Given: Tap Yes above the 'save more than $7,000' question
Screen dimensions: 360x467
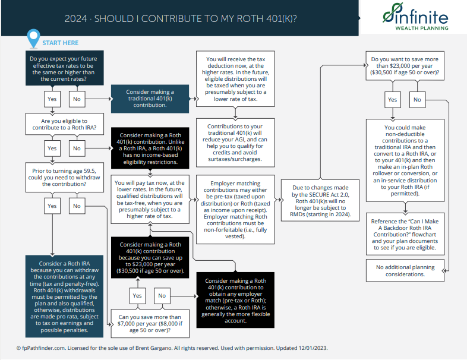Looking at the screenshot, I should tap(137, 295).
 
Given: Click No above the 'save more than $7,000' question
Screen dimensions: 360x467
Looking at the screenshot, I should tap(162, 295).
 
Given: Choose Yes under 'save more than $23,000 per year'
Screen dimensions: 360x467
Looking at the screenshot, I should tap(393, 99).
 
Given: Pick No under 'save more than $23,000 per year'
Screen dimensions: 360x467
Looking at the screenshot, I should tap(417, 99).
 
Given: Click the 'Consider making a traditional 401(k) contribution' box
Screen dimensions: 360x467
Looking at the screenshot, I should tap(150, 99).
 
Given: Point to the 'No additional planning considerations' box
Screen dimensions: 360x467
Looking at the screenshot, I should tap(405, 270).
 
